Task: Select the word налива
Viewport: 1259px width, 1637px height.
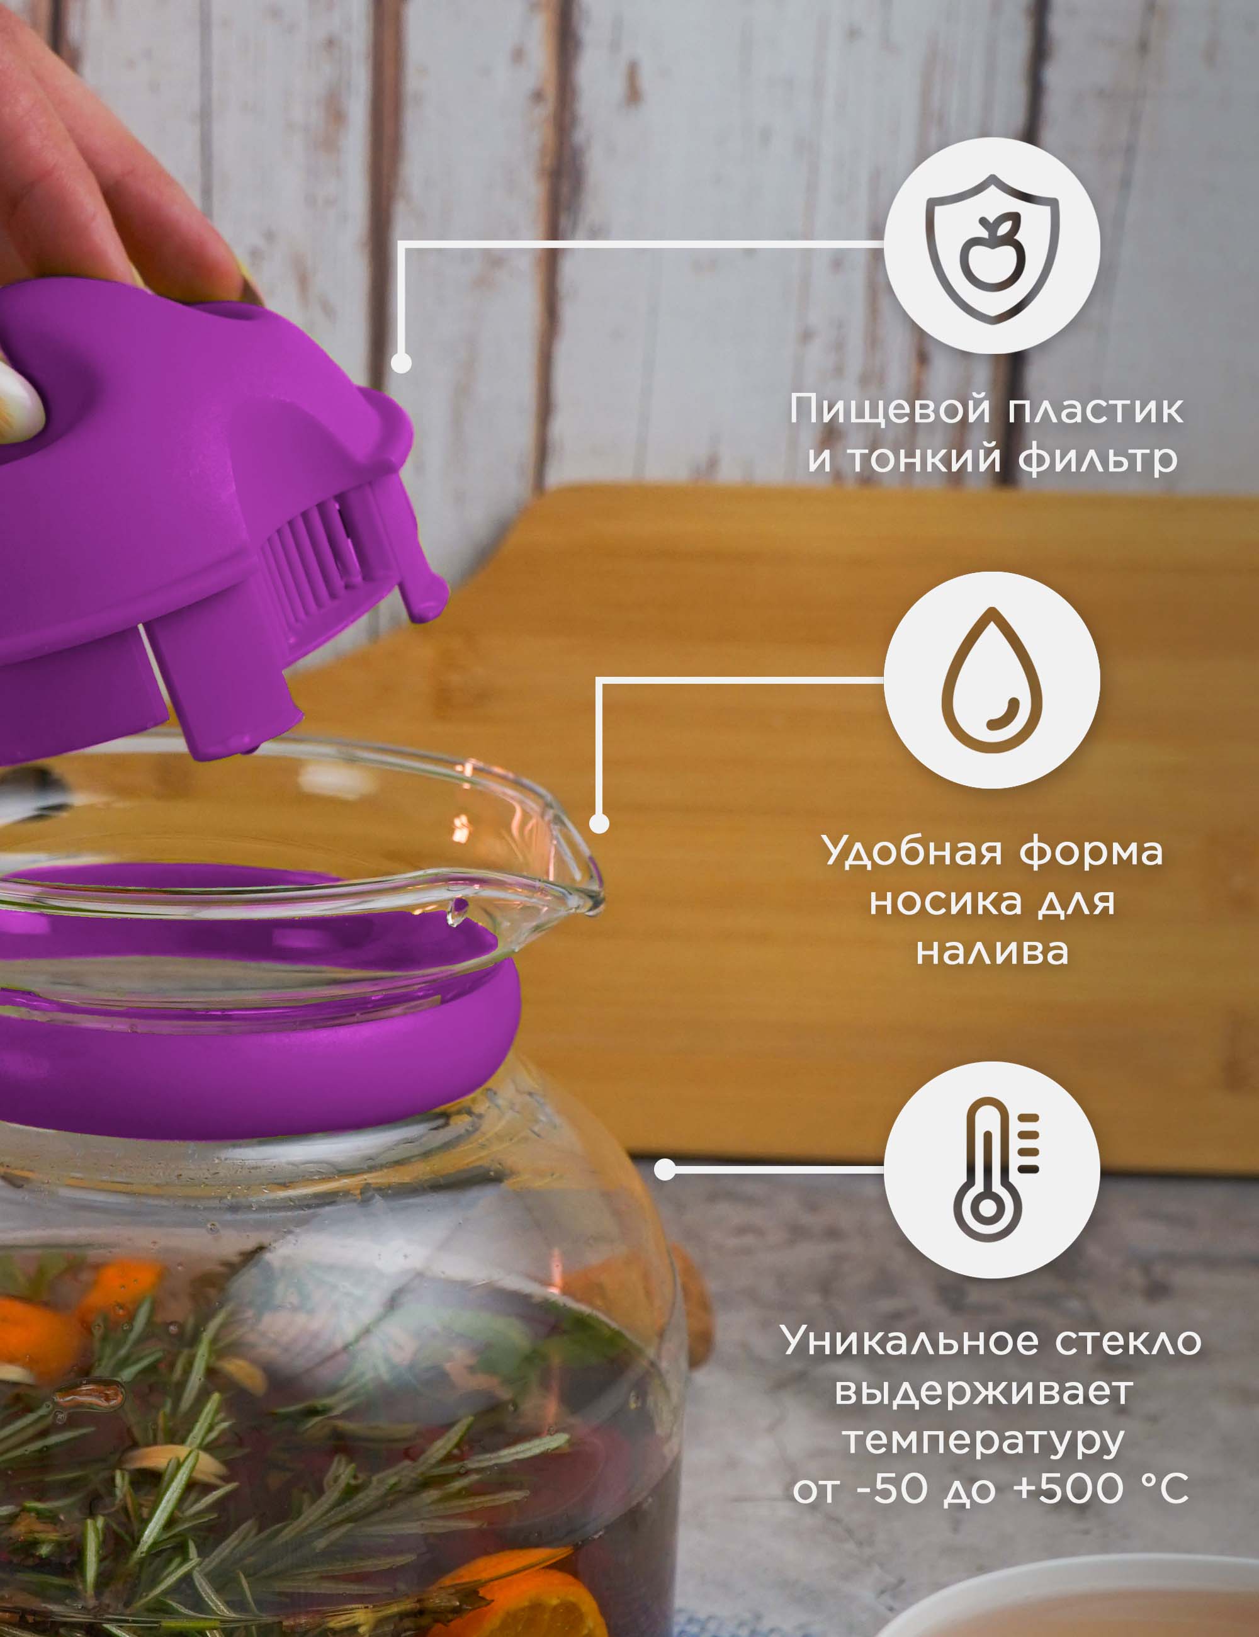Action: pos(992,951)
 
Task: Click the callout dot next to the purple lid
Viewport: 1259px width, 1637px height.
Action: pos(402,363)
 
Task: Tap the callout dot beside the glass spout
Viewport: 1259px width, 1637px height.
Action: pos(599,823)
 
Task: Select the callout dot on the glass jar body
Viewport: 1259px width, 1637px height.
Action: pos(665,1169)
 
